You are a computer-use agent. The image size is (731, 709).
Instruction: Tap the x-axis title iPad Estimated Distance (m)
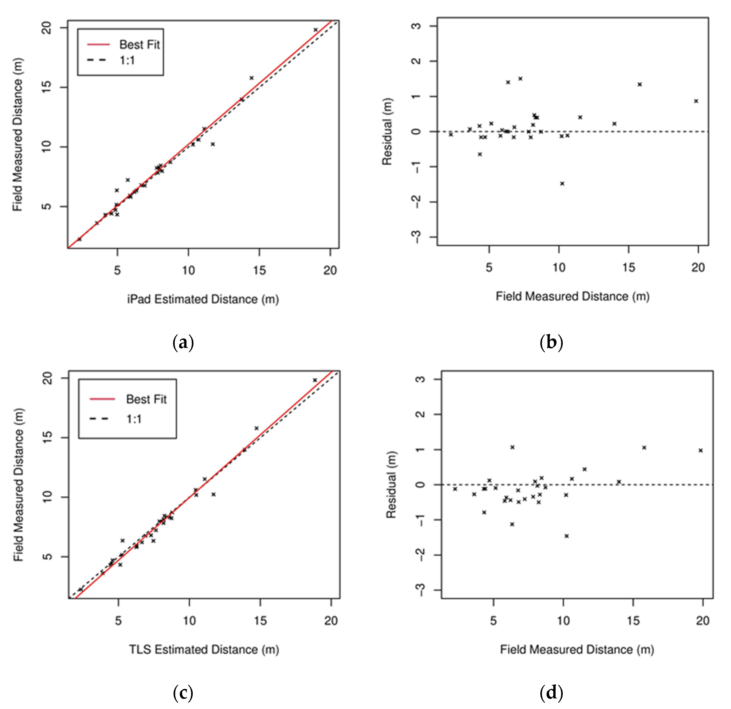[203, 299]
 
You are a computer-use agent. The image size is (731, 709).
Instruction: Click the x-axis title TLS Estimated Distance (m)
[204, 649]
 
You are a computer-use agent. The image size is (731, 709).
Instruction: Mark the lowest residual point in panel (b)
[562, 183]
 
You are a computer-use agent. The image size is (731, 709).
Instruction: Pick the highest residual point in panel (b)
[520, 79]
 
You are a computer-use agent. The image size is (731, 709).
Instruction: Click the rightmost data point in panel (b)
[696, 101]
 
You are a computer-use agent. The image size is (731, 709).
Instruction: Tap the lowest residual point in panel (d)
[566, 536]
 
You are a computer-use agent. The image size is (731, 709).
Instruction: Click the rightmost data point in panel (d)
[700, 450]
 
